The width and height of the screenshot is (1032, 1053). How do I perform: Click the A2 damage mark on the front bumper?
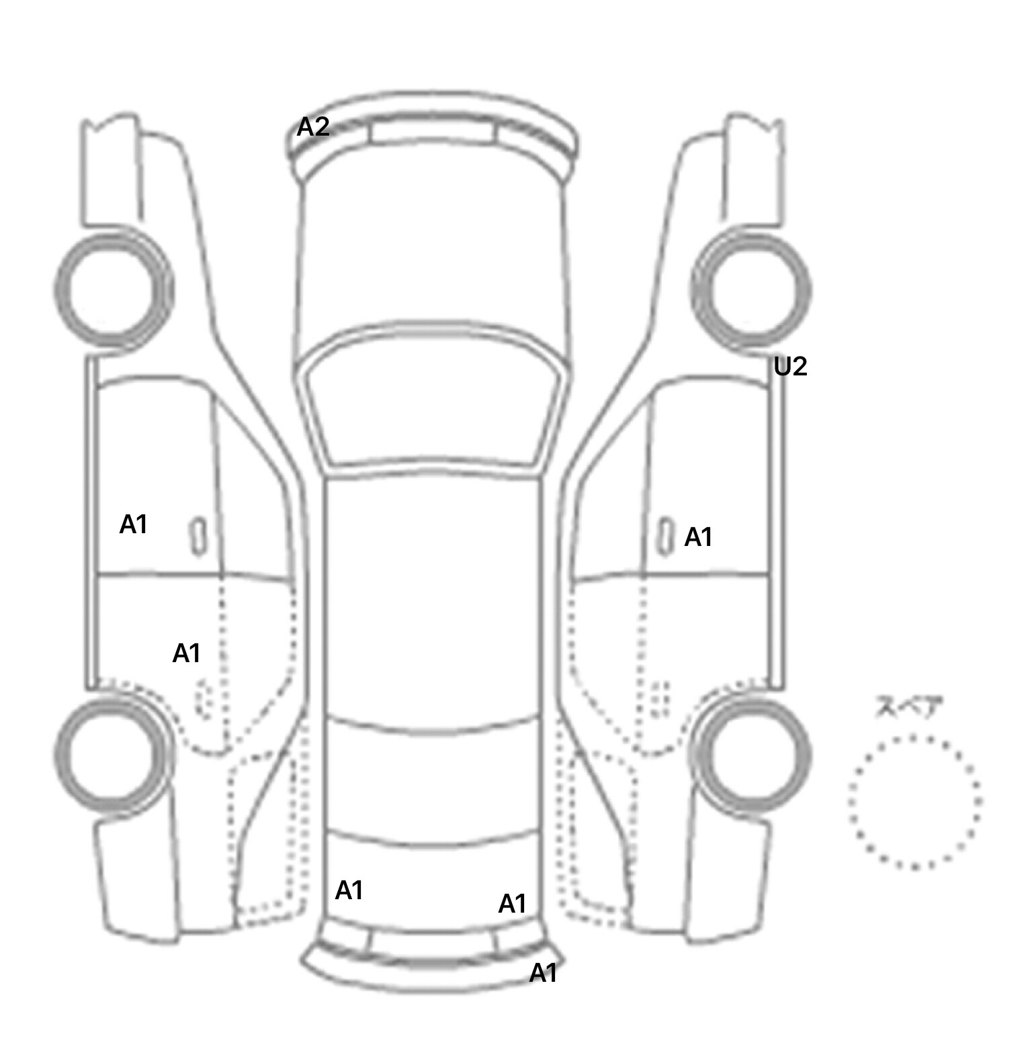pos(313,126)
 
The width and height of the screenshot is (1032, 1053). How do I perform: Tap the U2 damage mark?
pos(790,367)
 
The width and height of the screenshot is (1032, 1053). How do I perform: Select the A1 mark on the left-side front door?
pos(133,524)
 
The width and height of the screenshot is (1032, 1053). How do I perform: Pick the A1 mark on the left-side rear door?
pos(187,653)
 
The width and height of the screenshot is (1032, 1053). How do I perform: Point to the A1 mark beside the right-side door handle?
pos(698,537)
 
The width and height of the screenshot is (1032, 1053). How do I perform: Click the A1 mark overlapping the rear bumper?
pos(544,972)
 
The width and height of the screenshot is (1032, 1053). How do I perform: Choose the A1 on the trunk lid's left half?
pos(349,890)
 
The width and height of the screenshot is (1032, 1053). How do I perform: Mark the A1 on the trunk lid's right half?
pos(512,904)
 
